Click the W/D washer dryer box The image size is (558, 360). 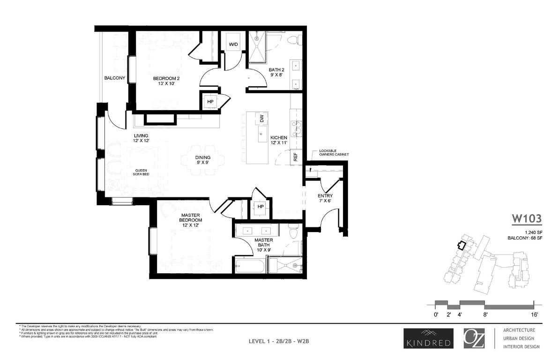[233, 44]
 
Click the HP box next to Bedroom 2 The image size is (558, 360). [210, 102]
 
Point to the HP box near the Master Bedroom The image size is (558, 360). [260, 207]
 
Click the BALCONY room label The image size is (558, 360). [114, 78]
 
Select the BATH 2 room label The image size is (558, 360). [276, 73]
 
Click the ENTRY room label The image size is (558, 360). [324, 198]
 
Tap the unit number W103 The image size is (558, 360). [526, 218]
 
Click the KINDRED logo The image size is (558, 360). [427, 337]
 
